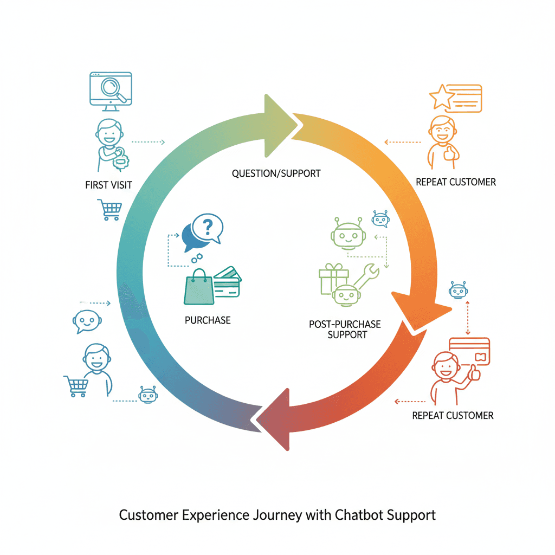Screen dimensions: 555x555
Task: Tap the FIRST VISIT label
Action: [x=108, y=185]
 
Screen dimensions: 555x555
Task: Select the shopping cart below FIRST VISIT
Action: [x=110, y=210]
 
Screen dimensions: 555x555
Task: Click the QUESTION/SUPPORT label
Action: [x=276, y=173]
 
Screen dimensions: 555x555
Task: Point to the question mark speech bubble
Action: [x=208, y=228]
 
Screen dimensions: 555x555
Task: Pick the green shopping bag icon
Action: [x=199, y=287]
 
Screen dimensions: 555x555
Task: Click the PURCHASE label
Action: [x=208, y=320]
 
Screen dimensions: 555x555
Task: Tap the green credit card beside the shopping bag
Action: [x=227, y=282]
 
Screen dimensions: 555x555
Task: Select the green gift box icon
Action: [x=333, y=279]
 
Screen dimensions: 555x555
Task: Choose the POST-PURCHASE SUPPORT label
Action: [x=345, y=330]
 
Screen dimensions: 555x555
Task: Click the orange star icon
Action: [x=442, y=96]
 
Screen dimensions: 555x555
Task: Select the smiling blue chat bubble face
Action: [x=87, y=321]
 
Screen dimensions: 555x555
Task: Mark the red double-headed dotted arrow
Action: [x=468, y=318]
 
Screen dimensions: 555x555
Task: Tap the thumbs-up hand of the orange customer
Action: [x=450, y=154]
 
